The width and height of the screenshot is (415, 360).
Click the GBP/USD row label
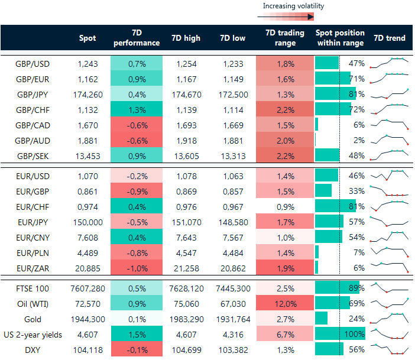click(32, 63)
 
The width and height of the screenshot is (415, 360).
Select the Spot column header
click(87, 38)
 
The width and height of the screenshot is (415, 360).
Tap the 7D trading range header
click(285, 38)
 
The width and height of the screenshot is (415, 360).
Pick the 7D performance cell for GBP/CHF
click(137, 109)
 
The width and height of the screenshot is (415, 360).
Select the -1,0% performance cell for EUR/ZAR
click(137, 268)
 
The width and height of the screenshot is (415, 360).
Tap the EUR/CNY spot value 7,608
click(87, 237)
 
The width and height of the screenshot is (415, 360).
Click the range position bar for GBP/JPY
click(335, 94)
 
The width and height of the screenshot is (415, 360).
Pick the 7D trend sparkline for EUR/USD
click(389, 176)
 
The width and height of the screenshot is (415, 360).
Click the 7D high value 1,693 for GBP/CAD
click(185, 125)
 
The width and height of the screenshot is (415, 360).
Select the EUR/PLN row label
click(33, 252)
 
